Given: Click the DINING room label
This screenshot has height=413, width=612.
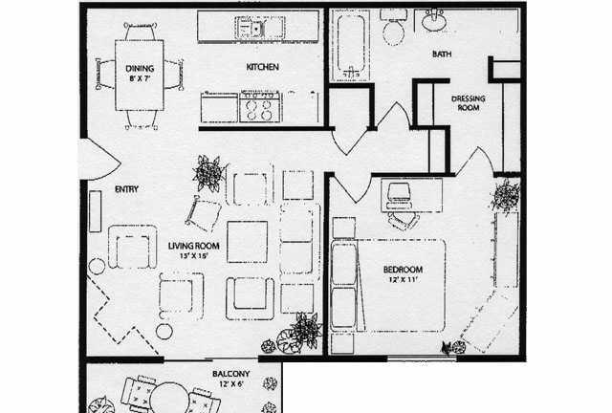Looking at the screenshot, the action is tap(140, 68).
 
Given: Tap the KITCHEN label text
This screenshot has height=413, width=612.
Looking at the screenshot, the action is tap(263, 67).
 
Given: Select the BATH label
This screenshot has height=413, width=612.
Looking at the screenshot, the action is tap(442, 54).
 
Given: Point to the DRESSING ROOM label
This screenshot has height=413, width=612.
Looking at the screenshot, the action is tap(469, 103).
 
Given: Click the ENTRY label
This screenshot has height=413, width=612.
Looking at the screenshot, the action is tap(127, 189).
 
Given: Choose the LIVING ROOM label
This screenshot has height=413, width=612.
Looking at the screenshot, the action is tap(193, 246).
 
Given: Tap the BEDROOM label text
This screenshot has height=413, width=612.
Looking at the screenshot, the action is tap(403, 270).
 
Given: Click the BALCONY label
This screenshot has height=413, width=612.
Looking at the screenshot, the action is tap(231, 374).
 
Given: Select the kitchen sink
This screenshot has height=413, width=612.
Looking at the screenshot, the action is tap(251, 28).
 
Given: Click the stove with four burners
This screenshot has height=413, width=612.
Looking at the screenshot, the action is tap(259, 106).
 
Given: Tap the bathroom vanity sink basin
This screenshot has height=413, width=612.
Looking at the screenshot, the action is tap(434, 20).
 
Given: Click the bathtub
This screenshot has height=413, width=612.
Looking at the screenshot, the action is tap(351, 44).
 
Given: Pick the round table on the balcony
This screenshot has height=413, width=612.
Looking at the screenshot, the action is tap(169, 397).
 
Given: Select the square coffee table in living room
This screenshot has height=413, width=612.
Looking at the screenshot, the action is tap(248, 242).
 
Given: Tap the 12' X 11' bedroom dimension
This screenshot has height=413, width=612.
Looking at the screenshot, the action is tap(404, 279).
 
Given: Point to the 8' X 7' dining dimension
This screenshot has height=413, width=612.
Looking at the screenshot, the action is tap(140, 78).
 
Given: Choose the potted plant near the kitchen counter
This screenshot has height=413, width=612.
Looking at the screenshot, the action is tap(209, 173).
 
